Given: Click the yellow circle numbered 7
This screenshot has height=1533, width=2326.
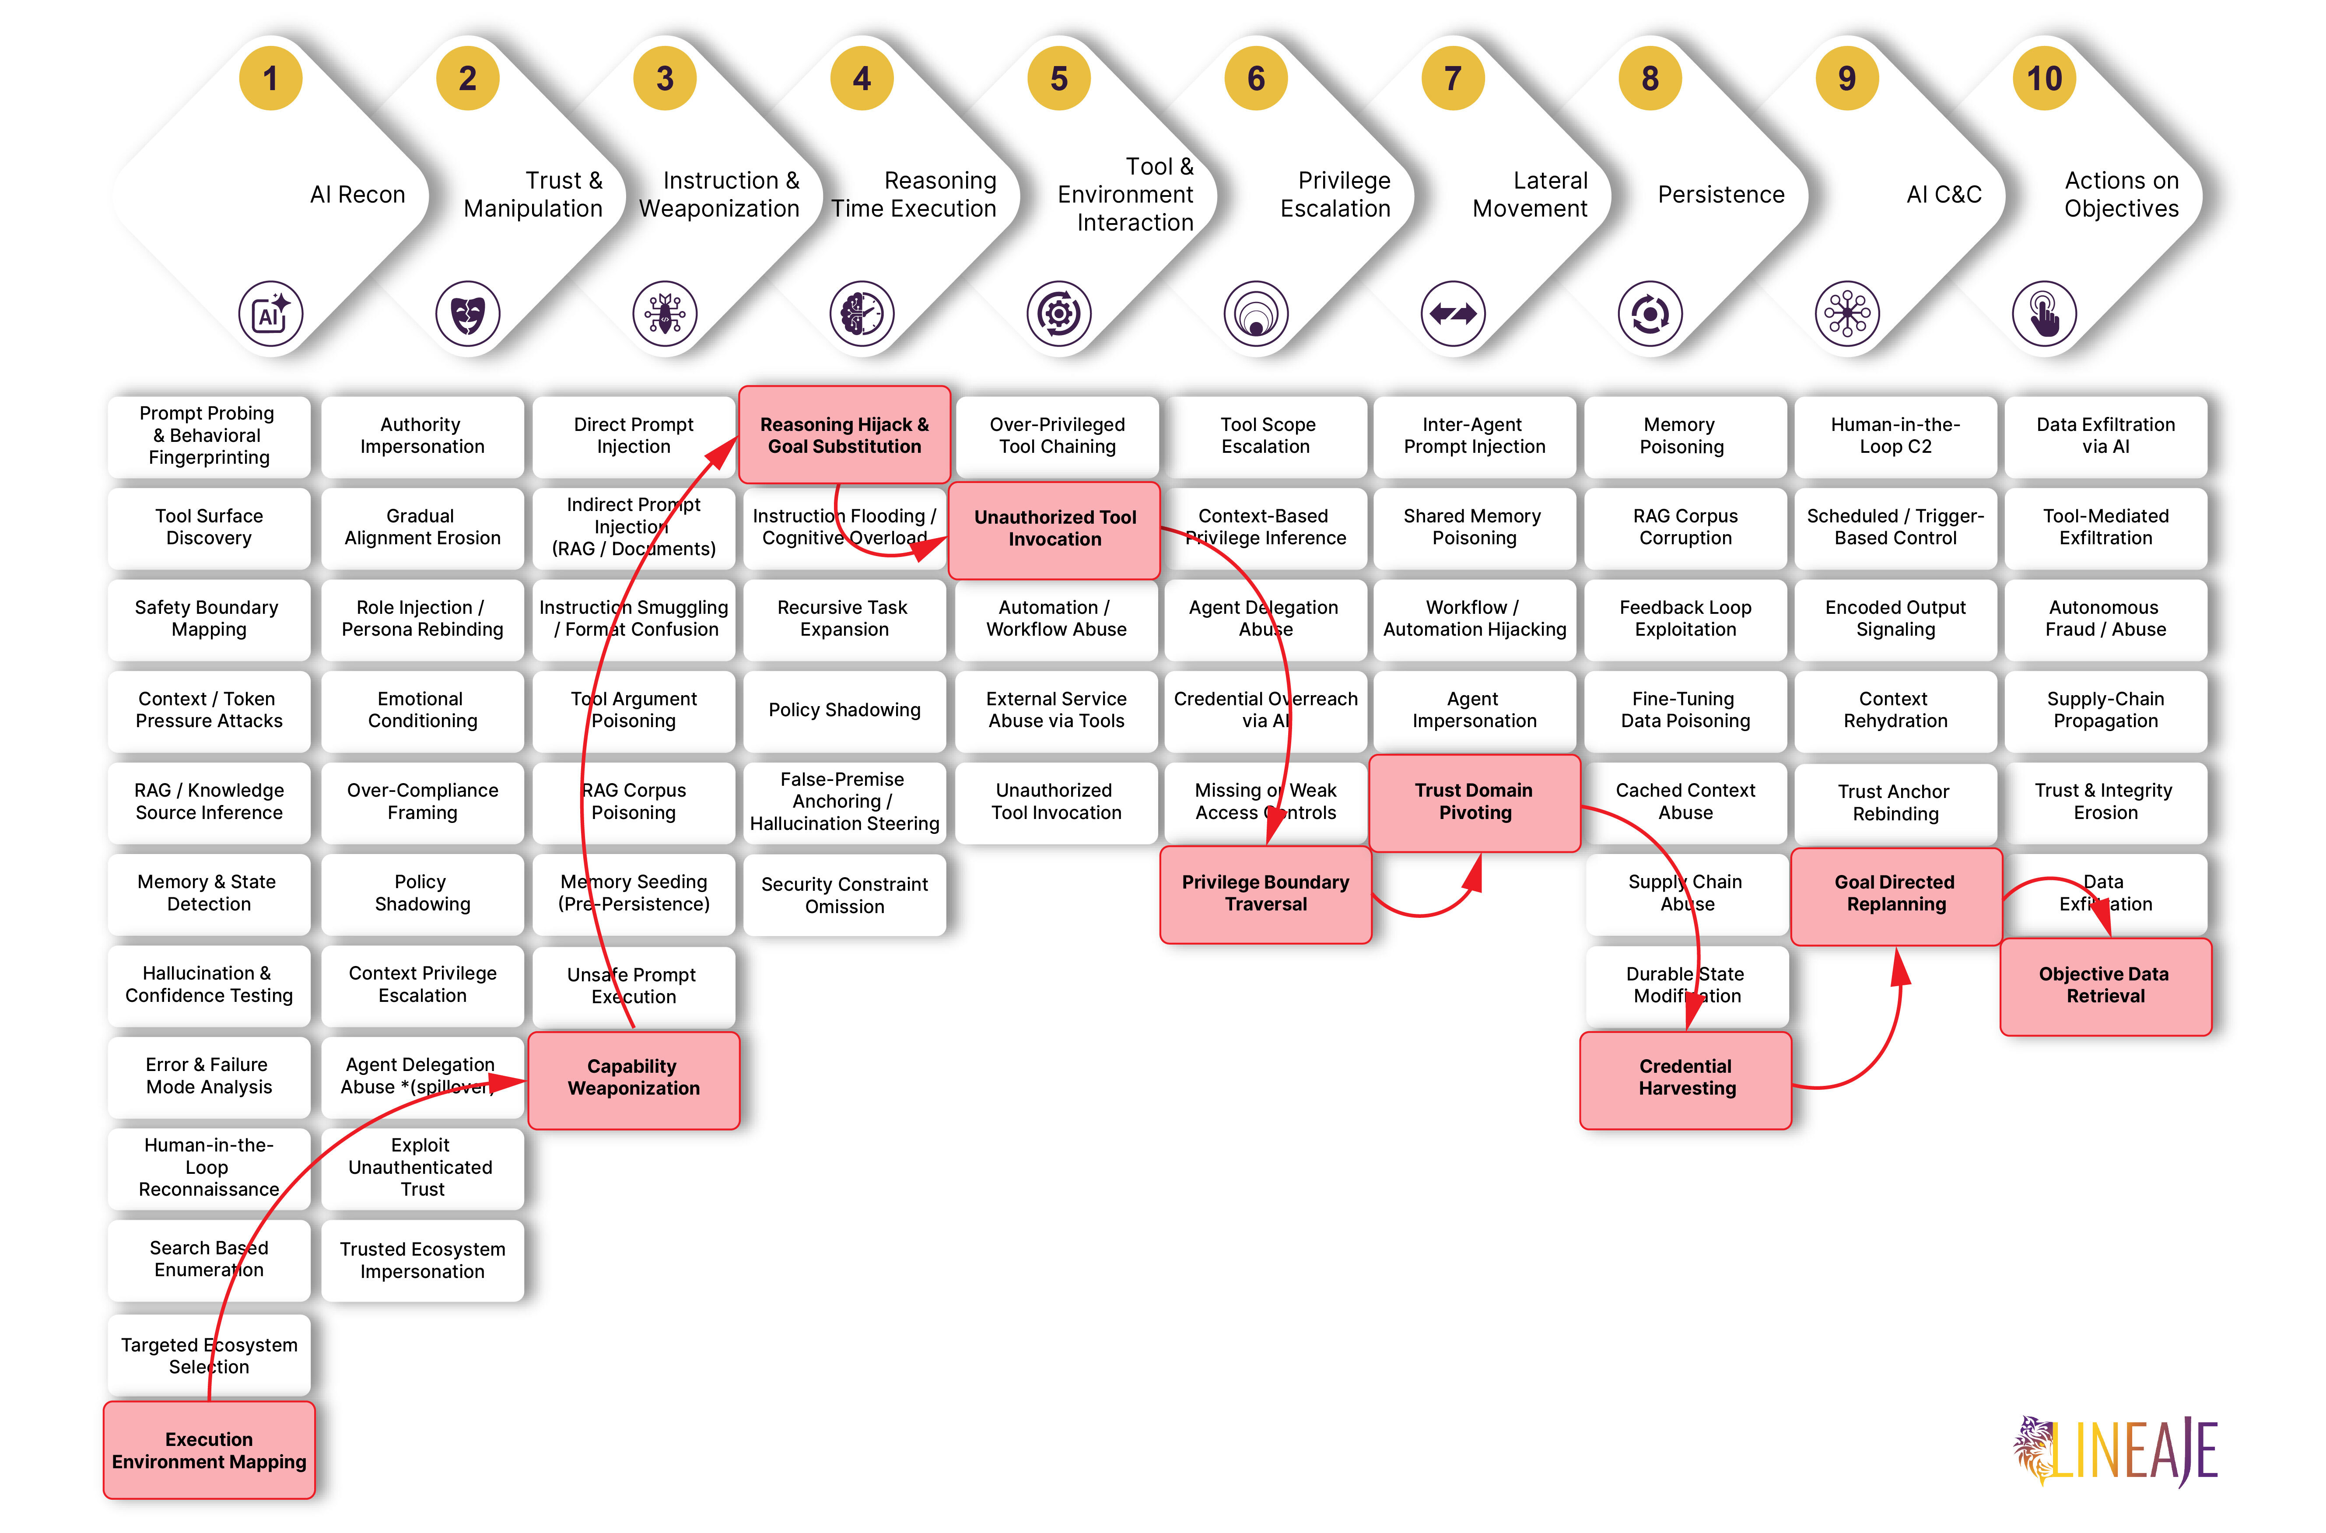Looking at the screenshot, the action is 1453,78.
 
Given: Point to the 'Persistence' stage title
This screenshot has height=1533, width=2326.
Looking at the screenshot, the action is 1721,195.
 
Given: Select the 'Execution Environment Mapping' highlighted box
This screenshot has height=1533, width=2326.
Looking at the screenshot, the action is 209,1450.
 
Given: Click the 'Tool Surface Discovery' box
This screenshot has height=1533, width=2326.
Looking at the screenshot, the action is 209,527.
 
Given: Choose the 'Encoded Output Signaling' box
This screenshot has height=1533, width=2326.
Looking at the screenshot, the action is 1896,618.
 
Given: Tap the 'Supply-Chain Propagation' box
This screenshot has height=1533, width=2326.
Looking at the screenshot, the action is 2106,710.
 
